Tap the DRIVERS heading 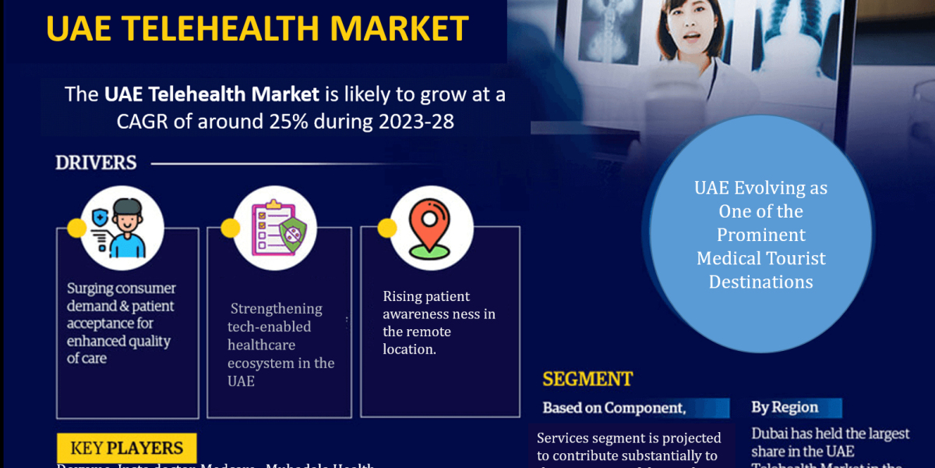[x=96, y=163]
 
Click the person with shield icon [x=122, y=228]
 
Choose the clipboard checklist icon [x=275, y=228]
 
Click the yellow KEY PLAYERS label [x=126, y=448]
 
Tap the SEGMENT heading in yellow [x=587, y=380]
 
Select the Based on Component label [x=614, y=408]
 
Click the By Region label [x=784, y=407]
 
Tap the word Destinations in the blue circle [x=760, y=282]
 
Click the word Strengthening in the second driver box [x=277, y=309]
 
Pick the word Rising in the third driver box [x=403, y=296]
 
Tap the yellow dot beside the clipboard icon [x=230, y=228]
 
